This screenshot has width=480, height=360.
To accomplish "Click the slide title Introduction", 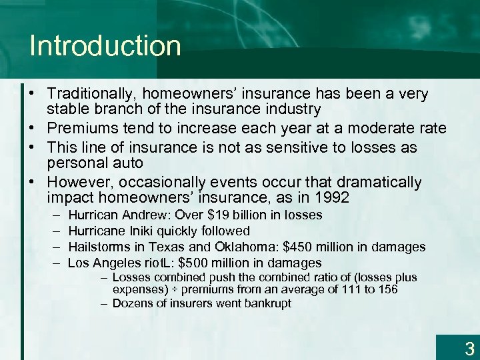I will click(105, 46).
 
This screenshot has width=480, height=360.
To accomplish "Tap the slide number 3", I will click(469, 348).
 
